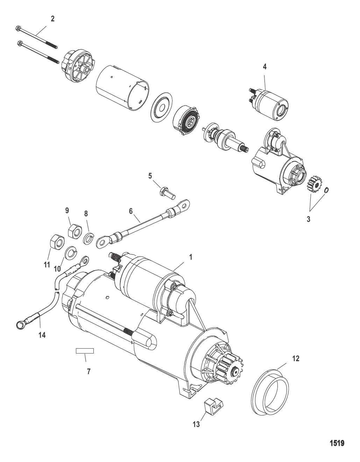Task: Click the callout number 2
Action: click(x=52, y=19)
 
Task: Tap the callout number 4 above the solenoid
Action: click(x=264, y=67)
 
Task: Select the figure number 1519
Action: click(x=337, y=443)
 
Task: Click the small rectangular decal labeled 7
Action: click(x=85, y=351)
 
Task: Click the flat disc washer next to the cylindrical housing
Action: click(x=162, y=107)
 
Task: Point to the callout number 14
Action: click(x=42, y=335)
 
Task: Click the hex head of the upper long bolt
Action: click(x=18, y=28)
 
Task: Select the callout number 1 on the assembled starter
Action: click(x=191, y=257)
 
